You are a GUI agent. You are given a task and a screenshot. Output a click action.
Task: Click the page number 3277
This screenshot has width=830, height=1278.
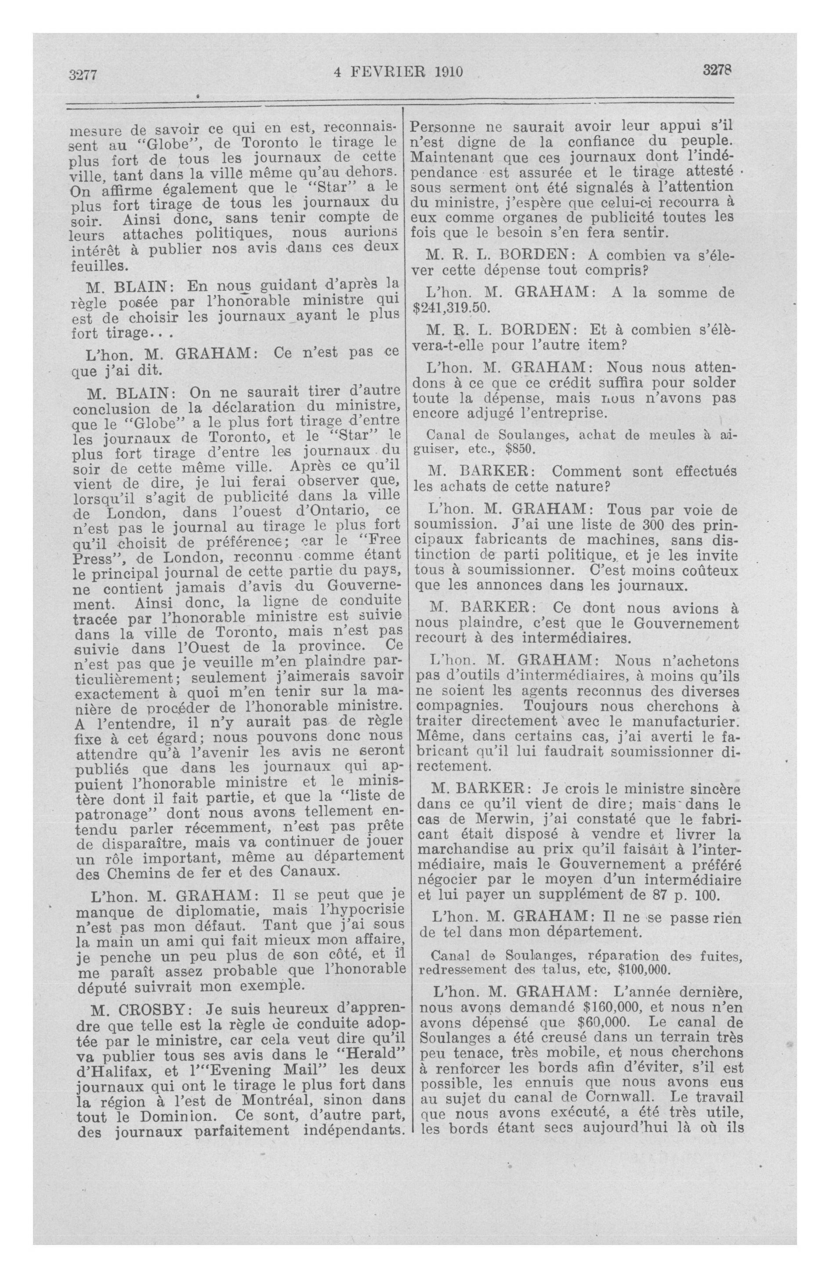[83, 74]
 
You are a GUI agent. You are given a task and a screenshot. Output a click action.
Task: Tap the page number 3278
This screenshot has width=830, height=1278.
[718, 70]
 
